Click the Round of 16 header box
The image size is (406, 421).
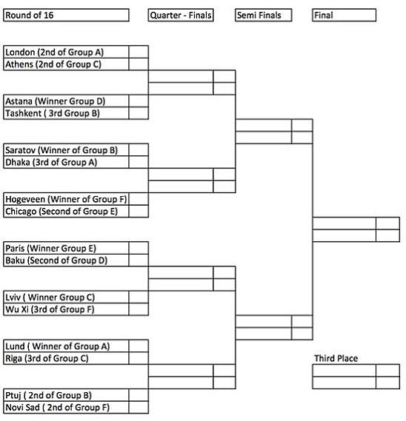click(x=66, y=15)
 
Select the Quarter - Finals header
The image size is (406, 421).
click(x=181, y=15)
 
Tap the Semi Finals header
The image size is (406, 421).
click(x=264, y=15)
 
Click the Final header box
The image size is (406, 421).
click(x=345, y=15)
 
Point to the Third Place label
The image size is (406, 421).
click(x=336, y=358)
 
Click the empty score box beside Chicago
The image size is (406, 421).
click(x=139, y=212)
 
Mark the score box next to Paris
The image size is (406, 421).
click(x=139, y=248)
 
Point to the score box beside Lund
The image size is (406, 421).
click(x=139, y=346)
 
